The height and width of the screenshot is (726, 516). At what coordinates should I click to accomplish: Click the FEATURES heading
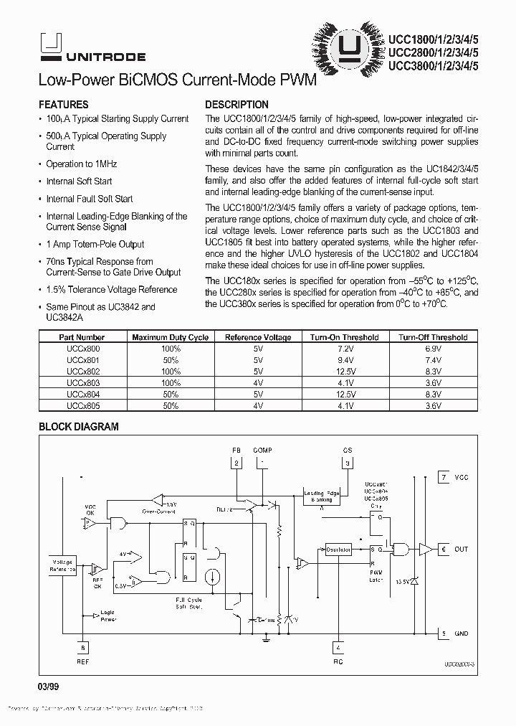click(x=63, y=104)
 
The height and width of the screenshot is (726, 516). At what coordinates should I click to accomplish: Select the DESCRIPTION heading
click(x=236, y=104)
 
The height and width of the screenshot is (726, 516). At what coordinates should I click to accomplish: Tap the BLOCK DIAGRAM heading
click(x=78, y=426)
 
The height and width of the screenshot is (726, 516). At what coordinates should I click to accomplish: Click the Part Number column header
click(x=82, y=337)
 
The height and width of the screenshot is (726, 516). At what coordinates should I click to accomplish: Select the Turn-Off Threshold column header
click(x=433, y=337)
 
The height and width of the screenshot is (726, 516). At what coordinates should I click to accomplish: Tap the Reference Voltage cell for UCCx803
click(x=258, y=383)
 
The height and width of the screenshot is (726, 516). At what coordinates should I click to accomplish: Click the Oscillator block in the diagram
click(x=338, y=550)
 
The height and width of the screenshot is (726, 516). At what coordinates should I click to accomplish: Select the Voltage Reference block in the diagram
click(x=62, y=564)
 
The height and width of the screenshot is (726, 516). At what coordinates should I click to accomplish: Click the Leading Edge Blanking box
click(x=322, y=496)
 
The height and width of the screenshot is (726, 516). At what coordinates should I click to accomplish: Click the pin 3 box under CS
click(x=348, y=463)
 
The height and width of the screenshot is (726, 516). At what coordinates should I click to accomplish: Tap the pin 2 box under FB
click(x=236, y=463)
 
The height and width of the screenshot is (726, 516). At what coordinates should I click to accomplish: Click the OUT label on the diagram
click(x=461, y=549)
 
